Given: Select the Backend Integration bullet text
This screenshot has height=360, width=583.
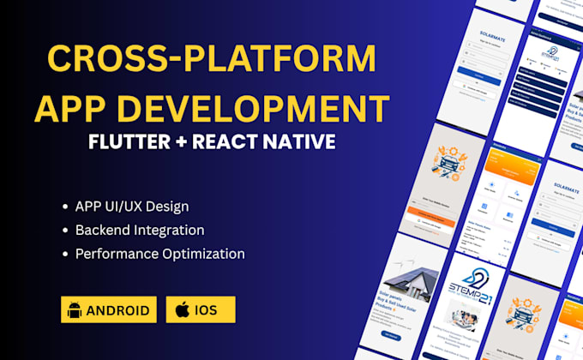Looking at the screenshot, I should pyautogui.click(x=140, y=230).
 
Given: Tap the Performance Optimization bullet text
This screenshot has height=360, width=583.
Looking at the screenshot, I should pyautogui.click(x=160, y=254).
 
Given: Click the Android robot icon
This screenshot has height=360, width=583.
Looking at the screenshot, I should pyautogui.click(x=75, y=309).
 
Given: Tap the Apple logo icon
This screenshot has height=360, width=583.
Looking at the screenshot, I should pyautogui.click(x=182, y=309).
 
